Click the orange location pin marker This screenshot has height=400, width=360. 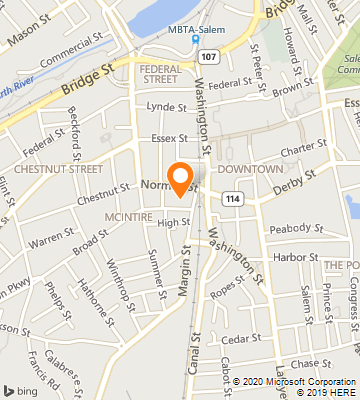coord(181,177)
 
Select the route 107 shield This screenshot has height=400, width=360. coord(207,56)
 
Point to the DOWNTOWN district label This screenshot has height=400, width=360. coord(249,169)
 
